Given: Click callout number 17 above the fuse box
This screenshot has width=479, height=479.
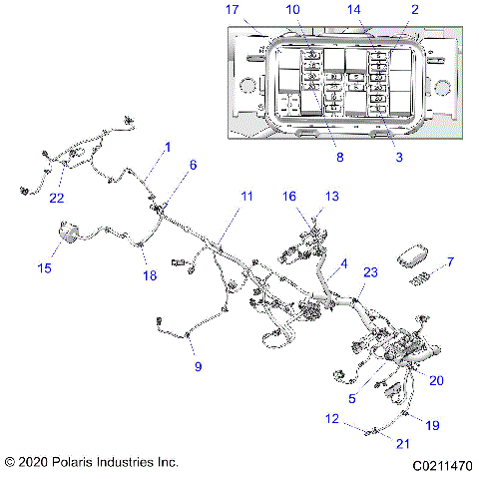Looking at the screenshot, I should pos(233,10).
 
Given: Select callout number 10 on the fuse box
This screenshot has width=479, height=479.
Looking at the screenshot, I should pos(292,10).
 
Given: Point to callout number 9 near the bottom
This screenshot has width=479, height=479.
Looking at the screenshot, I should pos(198,367).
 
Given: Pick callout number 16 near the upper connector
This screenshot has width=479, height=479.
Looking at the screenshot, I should pos(290,197).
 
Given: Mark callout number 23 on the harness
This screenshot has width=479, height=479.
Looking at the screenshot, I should pos(369,271).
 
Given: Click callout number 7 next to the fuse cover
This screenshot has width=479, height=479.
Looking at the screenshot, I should pos(450,262).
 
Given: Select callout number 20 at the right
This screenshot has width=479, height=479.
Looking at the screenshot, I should pos(436,378).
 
